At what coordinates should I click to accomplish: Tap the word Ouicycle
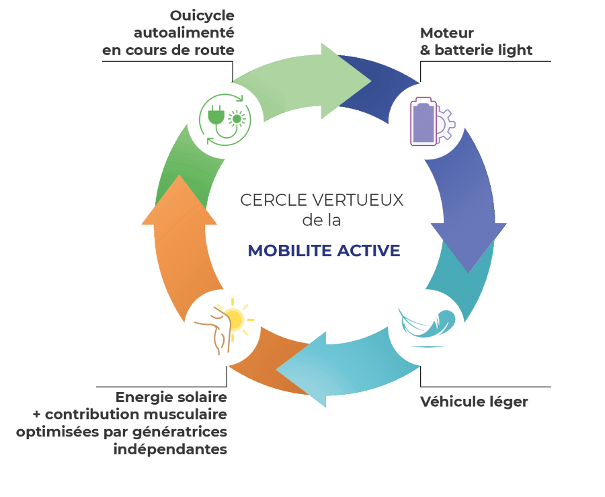click(x=202, y=15)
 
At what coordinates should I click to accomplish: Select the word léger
click(x=510, y=402)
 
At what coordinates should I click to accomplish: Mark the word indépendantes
click(x=170, y=449)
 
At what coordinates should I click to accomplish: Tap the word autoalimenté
click(x=184, y=33)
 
